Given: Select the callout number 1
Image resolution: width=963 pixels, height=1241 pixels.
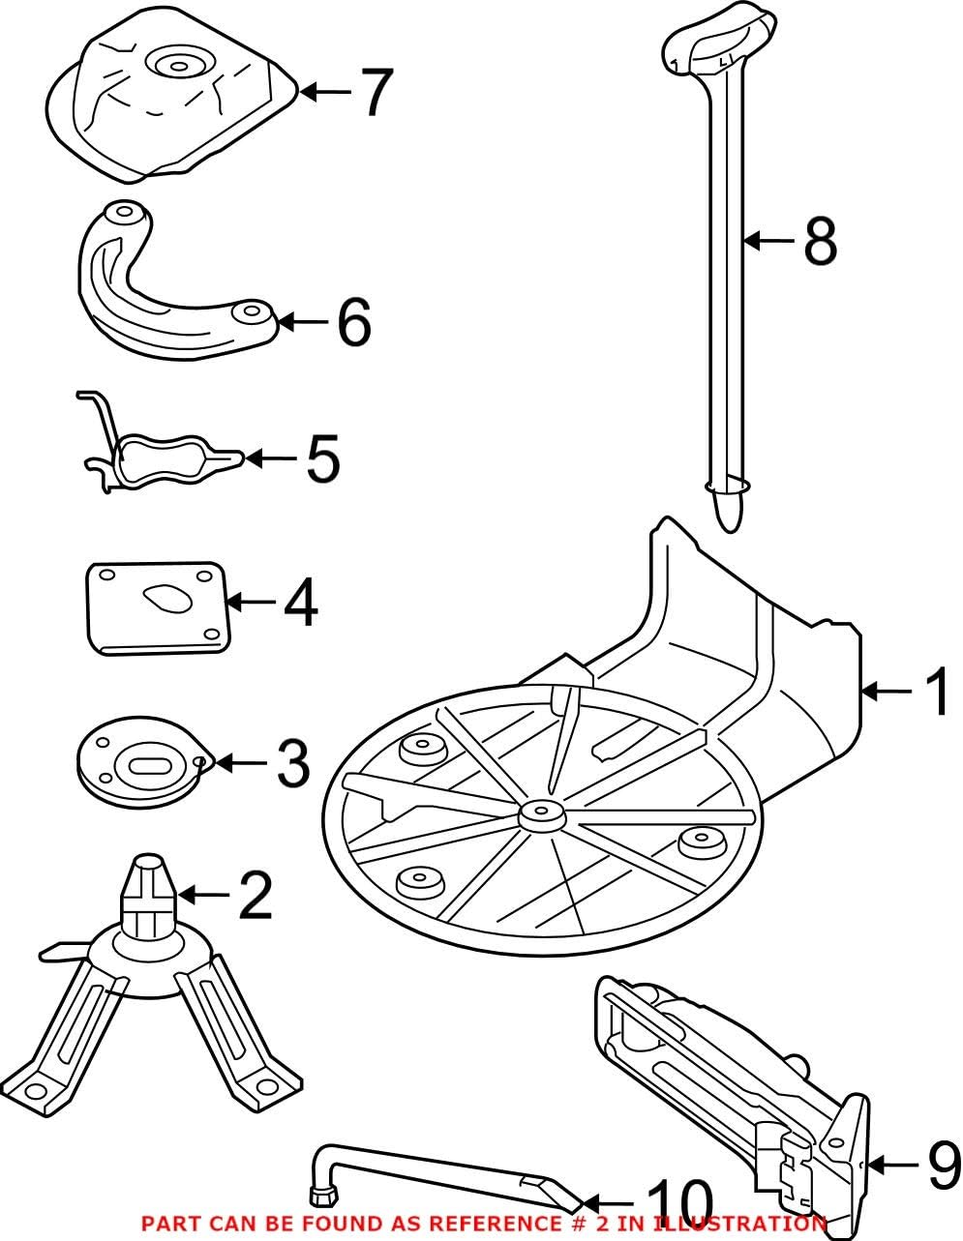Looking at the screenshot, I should [936, 692].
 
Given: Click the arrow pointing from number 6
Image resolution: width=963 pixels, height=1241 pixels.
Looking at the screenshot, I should [304, 322].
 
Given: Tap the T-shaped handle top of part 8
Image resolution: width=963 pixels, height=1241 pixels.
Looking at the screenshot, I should [721, 40].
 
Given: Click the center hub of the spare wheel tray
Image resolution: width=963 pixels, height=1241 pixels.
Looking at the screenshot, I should [540, 814].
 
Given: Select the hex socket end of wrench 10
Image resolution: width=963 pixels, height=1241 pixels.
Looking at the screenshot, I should [320, 1197].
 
